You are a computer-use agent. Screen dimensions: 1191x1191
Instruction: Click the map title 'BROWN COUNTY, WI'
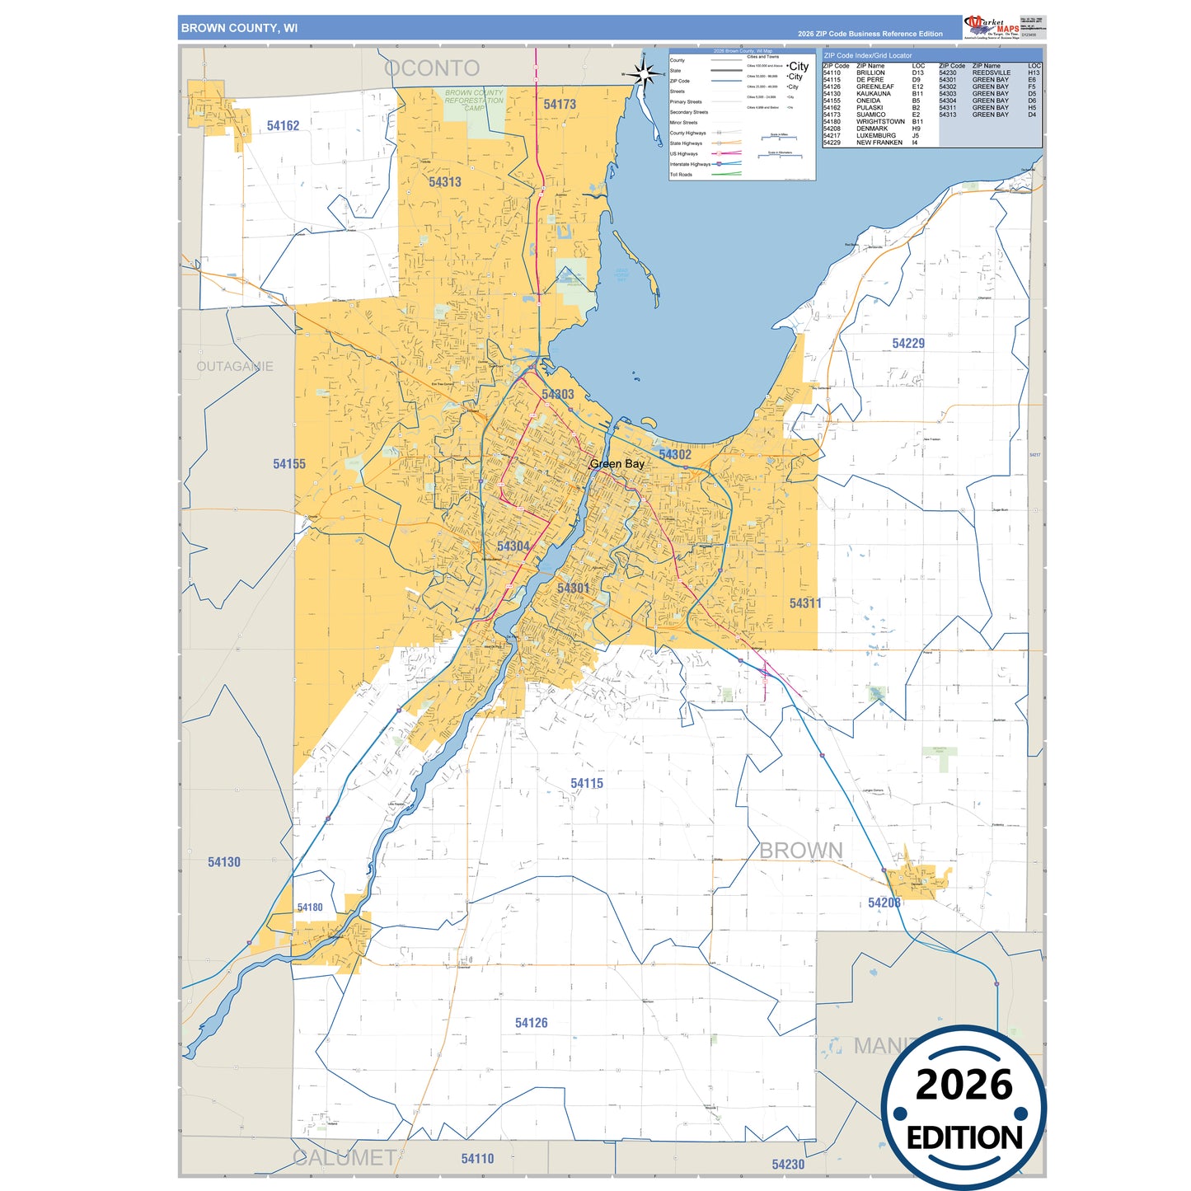[x=239, y=28]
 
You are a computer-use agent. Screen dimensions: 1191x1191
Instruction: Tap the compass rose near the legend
[x=644, y=75]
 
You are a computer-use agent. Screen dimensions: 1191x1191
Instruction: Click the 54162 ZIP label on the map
[x=283, y=126]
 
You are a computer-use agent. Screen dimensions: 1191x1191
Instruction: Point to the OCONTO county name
[x=432, y=68]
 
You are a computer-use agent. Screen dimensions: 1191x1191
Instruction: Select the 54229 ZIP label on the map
[x=908, y=344]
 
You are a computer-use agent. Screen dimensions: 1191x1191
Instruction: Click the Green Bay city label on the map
[x=617, y=464]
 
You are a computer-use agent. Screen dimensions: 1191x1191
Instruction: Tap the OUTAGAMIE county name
[x=235, y=366]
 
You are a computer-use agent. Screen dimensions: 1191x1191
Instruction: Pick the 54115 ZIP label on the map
[x=587, y=784]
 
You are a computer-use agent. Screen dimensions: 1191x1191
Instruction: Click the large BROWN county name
[x=800, y=851]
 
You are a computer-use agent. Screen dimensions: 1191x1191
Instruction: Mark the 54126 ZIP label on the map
[x=531, y=1023]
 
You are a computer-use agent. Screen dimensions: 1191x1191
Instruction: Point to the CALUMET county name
[x=345, y=1157]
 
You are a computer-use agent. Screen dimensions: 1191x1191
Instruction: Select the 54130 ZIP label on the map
[x=223, y=862]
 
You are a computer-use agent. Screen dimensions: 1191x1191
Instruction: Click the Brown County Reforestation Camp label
[x=474, y=101]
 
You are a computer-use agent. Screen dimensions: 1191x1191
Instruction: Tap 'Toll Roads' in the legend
[x=681, y=175]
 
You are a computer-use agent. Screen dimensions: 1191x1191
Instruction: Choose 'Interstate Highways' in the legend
[x=689, y=164]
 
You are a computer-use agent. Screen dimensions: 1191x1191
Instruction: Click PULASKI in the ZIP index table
[x=870, y=108]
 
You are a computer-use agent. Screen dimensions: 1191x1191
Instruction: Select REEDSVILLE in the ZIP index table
[x=991, y=73]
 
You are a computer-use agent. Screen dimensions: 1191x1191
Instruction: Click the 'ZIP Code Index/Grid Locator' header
[x=868, y=56]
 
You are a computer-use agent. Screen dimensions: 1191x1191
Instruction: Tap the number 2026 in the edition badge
[x=964, y=1085]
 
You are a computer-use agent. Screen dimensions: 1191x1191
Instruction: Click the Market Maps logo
[x=992, y=27]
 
